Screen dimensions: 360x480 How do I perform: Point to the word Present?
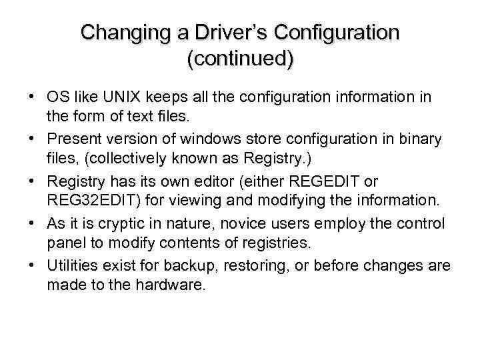point(73,139)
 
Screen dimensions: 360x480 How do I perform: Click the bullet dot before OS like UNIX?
point(32,97)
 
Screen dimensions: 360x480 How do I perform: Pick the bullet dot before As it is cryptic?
point(32,223)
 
